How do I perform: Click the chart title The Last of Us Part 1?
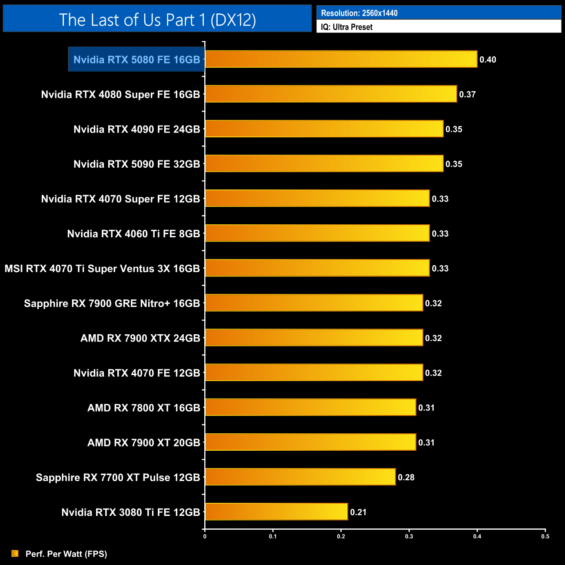157,20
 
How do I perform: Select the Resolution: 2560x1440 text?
359,13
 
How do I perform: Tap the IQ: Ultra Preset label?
346,27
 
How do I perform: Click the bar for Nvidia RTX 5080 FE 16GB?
341,59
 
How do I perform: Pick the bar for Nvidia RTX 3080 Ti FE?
276,512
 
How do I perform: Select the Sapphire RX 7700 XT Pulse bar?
300,477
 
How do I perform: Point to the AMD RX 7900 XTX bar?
314,338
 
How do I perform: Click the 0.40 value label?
488,60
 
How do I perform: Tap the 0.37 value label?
467,94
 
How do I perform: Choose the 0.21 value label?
358,512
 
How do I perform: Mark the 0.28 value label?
406,477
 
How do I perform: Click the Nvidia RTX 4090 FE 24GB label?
136,129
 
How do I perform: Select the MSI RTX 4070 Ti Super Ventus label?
102,269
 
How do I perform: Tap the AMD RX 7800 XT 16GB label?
143,408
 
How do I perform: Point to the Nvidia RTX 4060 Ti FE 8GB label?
133,234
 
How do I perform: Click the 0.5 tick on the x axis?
545,536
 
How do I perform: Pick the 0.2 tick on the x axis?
341,536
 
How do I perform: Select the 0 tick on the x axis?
205,536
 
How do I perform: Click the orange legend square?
15,553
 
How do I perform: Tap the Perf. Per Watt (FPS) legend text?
66,554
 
